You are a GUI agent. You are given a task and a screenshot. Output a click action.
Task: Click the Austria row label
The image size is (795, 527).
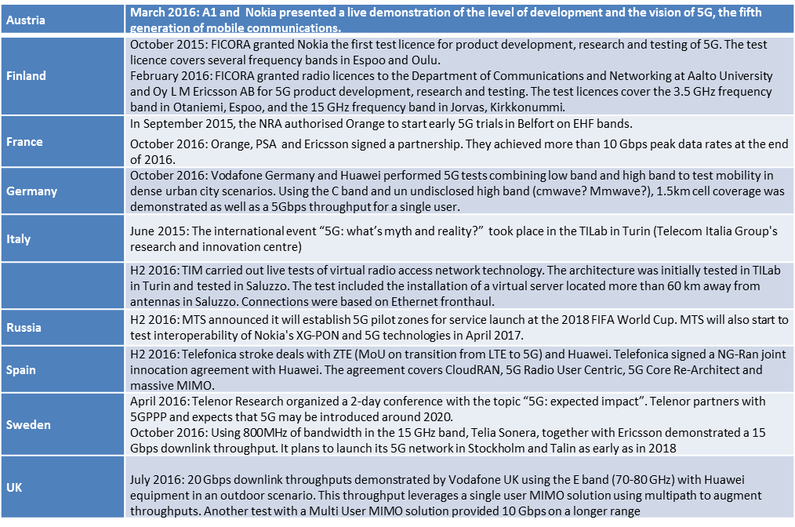click(26, 20)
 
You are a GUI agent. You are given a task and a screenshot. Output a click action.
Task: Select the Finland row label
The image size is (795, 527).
click(26, 76)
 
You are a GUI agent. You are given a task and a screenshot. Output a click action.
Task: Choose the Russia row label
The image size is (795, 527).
click(24, 327)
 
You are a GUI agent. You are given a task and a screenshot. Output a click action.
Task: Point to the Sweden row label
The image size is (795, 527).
click(28, 424)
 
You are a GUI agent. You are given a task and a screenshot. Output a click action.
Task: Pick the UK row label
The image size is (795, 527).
click(15, 486)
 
